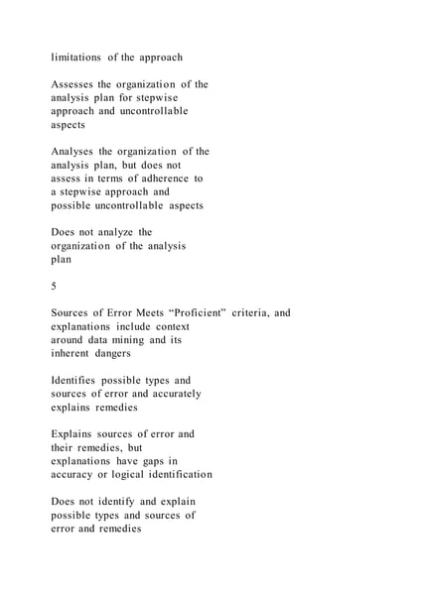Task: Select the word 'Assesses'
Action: tap(75, 84)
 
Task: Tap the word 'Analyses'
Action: tap(75, 152)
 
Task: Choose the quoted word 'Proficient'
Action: tap(195, 313)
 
